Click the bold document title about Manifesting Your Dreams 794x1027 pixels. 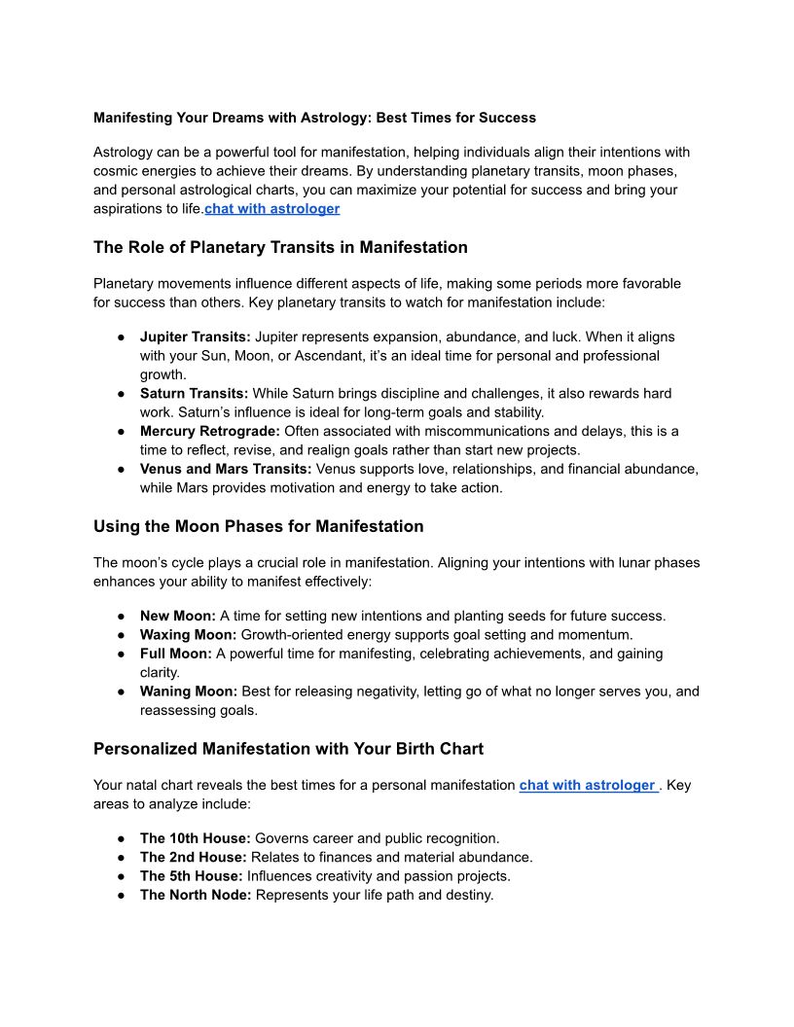click(314, 118)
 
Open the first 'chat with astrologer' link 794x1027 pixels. click(271, 208)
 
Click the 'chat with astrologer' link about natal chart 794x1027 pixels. click(587, 785)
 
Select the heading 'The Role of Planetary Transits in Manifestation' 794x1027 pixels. click(280, 247)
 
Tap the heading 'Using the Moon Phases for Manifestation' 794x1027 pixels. click(258, 526)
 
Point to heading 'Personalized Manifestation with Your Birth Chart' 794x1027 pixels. click(288, 749)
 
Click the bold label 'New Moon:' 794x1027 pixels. click(178, 616)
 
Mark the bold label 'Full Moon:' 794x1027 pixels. click(176, 654)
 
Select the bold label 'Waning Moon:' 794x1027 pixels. click(189, 691)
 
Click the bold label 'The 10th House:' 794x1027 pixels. click(196, 838)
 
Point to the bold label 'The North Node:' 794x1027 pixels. click(196, 895)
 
